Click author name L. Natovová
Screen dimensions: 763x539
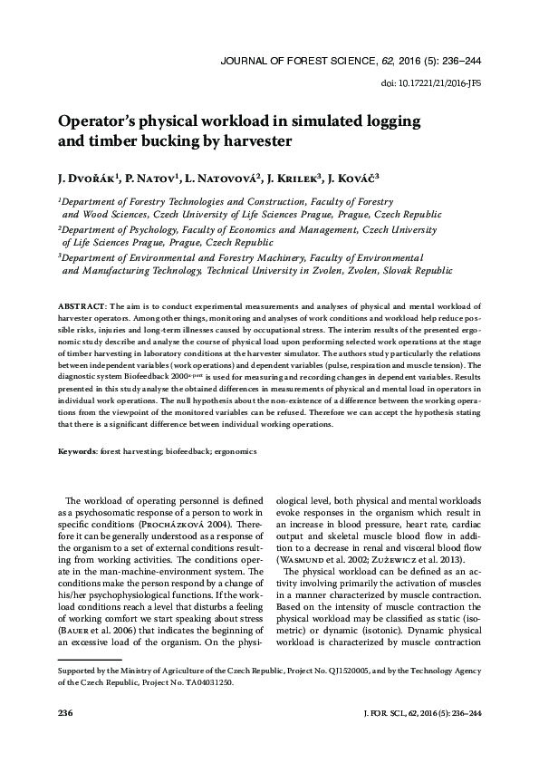pos(221,178)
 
